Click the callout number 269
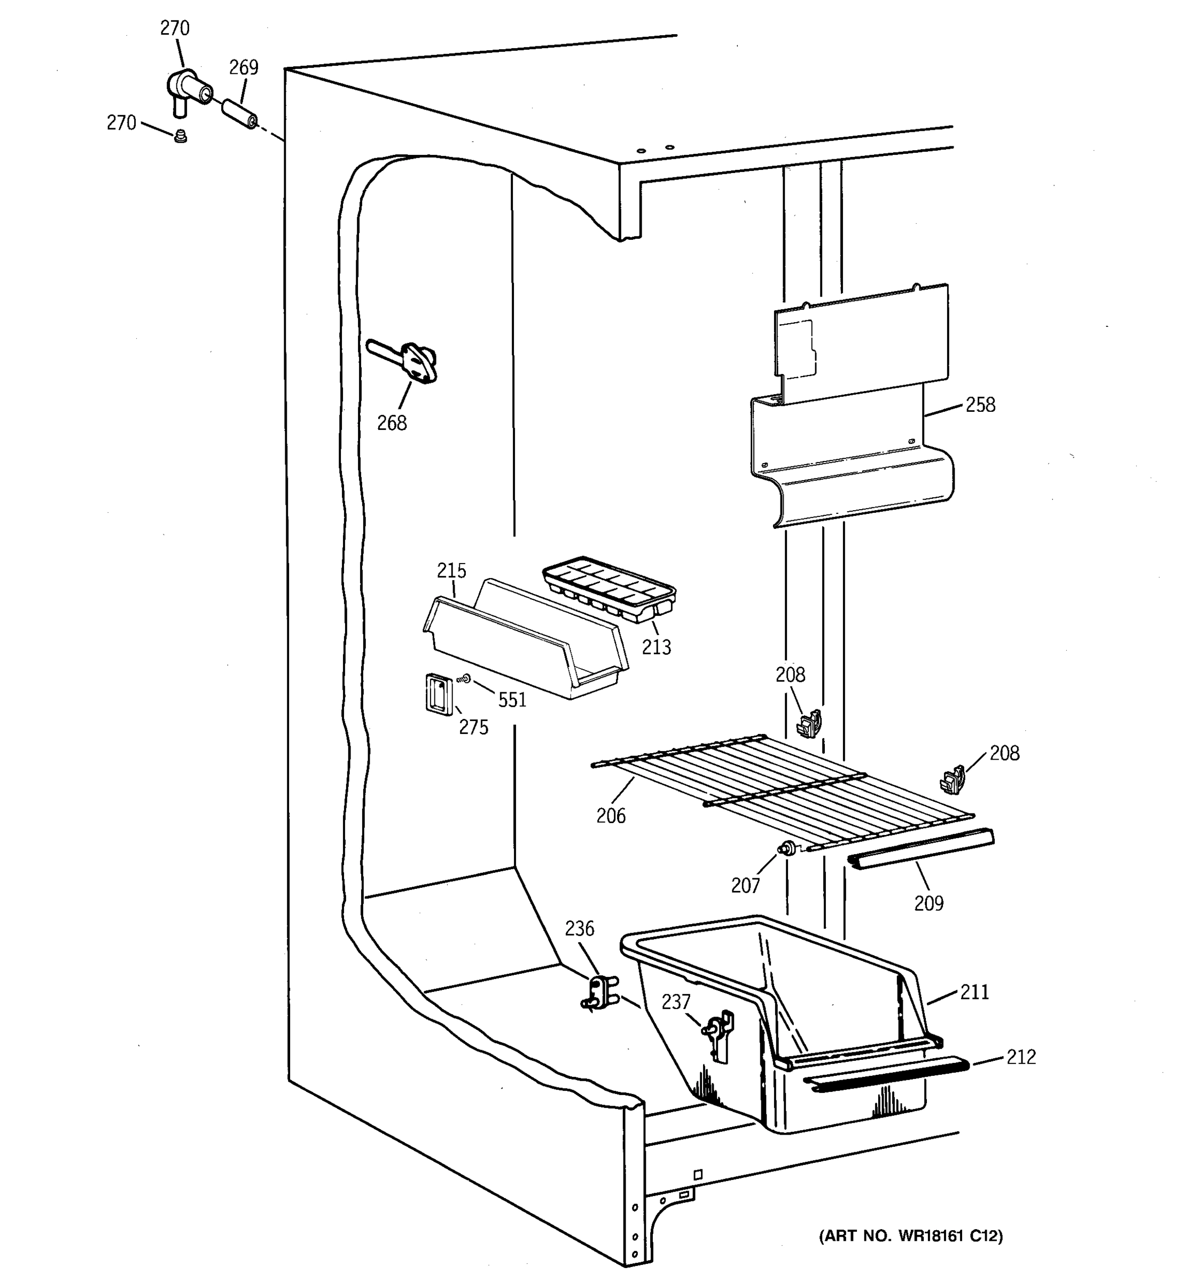tap(244, 68)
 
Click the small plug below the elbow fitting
tap(181, 136)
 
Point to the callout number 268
tap(392, 423)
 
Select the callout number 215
tap(451, 570)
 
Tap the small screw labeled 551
tap(464, 679)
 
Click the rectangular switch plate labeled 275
tap(436, 693)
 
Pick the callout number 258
tap(980, 405)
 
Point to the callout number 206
tap(611, 816)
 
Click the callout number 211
tap(974, 992)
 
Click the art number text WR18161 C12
tap(910, 1236)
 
